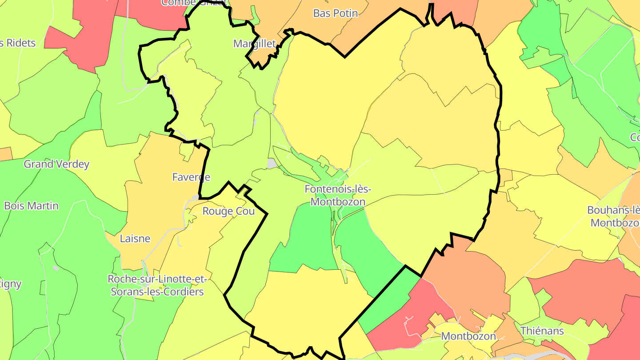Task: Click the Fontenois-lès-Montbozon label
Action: tap(338, 195)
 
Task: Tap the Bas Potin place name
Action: tap(336, 13)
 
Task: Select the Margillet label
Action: tap(255, 44)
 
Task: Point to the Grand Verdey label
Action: tap(56, 164)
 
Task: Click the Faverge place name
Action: tap(191, 177)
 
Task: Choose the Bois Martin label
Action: tap(31, 206)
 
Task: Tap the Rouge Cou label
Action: tap(228, 211)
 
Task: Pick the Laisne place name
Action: tap(135, 239)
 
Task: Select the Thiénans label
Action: tap(542, 331)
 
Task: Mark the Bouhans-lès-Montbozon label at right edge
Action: tap(613, 216)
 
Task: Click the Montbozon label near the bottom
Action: tap(468, 336)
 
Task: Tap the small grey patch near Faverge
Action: tap(195, 197)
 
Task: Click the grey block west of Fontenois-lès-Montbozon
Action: tap(272, 164)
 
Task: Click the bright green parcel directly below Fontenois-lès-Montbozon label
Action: tap(307, 236)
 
